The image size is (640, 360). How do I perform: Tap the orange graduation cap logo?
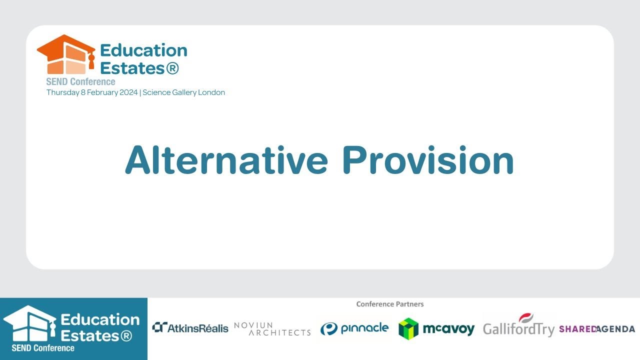(x=65, y=54)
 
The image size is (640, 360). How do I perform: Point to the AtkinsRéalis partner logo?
(x=190, y=328)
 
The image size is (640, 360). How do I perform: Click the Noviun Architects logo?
(x=272, y=328)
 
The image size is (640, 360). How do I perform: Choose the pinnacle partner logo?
(x=354, y=328)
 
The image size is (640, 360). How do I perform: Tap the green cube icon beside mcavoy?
(x=408, y=328)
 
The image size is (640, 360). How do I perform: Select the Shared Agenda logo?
(x=597, y=329)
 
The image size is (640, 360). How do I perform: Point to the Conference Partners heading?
(x=390, y=304)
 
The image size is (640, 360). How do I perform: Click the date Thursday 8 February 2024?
(x=92, y=92)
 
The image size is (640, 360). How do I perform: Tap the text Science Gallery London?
(x=184, y=92)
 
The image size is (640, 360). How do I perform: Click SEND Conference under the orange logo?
(x=80, y=81)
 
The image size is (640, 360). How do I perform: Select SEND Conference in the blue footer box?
(x=43, y=348)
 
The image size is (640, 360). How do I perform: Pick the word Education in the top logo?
(x=143, y=50)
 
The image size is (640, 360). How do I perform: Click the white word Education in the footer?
(x=100, y=319)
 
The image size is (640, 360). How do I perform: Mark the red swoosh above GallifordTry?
(x=526, y=317)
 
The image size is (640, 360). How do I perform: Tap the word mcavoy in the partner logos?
(x=448, y=329)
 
